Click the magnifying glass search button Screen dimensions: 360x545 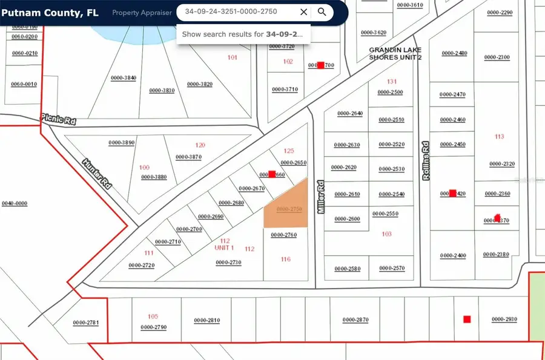(322, 11)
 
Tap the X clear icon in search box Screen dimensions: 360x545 (303, 11)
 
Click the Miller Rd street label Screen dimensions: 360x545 (322, 197)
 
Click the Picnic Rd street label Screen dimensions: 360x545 (58, 120)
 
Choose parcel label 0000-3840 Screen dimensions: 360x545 (123, 78)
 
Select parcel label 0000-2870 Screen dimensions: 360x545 (355, 319)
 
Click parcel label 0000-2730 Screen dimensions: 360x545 (228, 263)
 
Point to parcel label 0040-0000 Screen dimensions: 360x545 (15, 204)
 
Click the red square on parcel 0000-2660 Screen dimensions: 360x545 (272, 174)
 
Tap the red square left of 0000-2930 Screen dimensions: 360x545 (466, 319)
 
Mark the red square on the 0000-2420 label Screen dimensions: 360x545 (452, 194)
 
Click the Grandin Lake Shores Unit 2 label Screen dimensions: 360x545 (395, 53)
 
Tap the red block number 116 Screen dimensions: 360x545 (286, 259)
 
